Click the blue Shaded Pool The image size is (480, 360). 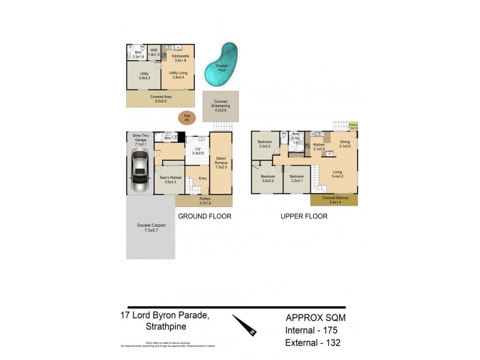[x=221, y=65]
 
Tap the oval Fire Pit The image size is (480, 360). [x=186, y=118]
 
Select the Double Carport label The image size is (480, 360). [x=151, y=227]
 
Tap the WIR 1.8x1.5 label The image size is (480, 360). [x=154, y=53]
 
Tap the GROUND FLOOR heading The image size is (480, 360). [x=204, y=216]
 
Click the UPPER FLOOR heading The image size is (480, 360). [x=304, y=216]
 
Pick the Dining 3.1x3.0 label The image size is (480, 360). [x=345, y=144]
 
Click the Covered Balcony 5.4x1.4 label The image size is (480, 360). [x=334, y=200]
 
